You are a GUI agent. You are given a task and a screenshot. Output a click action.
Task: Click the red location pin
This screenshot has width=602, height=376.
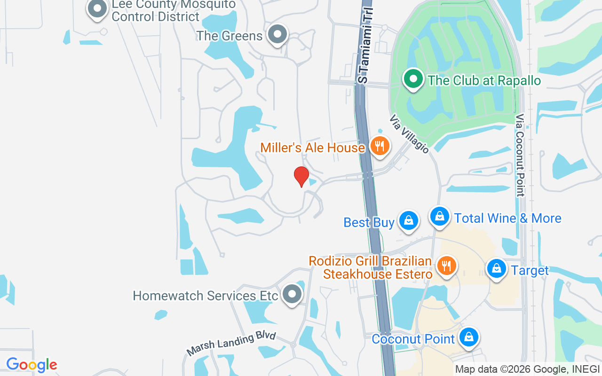(x=301, y=177)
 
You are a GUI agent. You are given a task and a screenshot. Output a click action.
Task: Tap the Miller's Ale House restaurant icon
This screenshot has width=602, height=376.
(x=379, y=146)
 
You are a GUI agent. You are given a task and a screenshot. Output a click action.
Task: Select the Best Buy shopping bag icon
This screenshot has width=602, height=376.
(x=408, y=220)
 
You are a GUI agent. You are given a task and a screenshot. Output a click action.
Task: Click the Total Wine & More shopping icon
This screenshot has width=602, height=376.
(x=439, y=217)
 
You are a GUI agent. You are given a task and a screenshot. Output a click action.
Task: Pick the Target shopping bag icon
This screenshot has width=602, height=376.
(x=496, y=269)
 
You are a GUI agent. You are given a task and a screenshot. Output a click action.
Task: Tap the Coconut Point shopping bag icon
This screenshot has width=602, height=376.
(x=469, y=337)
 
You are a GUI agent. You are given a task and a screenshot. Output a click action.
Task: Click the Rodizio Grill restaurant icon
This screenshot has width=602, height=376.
(x=446, y=266)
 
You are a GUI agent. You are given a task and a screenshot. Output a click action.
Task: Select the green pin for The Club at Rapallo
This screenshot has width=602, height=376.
(x=413, y=79)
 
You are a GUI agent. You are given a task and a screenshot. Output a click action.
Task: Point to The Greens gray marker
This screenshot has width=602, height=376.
(x=277, y=34)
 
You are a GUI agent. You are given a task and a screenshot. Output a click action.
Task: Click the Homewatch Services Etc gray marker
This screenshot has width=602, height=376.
(x=292, y=294)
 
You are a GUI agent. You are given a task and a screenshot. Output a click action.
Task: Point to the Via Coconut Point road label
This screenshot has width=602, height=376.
(x=520, y=155)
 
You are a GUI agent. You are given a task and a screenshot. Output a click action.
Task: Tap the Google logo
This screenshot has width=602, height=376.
(x=32, y=365)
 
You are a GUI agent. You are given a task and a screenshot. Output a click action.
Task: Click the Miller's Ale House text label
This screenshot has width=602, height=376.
(x=312, y=148)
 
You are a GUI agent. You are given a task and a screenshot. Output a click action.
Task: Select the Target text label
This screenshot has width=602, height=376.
(x=530, y=270)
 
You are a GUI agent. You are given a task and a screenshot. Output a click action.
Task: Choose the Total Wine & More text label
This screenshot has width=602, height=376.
(x=507, y=218)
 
